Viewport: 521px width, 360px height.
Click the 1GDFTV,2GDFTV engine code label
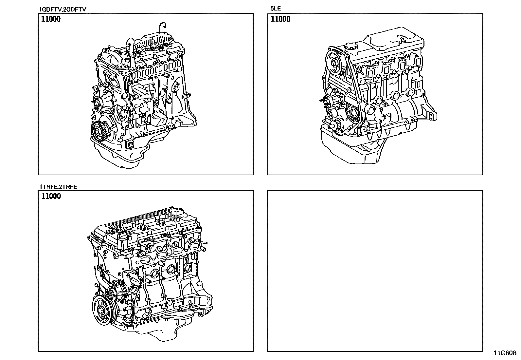[x=62, y=9]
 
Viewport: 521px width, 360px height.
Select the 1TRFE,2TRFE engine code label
[x=58, y=187]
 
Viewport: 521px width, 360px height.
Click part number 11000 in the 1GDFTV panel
[x=51, y=19]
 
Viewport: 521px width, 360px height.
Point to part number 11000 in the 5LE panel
[x=280, y=19]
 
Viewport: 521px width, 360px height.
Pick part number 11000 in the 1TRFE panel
[x=51, y=196]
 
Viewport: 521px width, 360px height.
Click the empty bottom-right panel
[x=375, y=271]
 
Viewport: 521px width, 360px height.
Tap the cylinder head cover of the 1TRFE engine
[x=144, y=223]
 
